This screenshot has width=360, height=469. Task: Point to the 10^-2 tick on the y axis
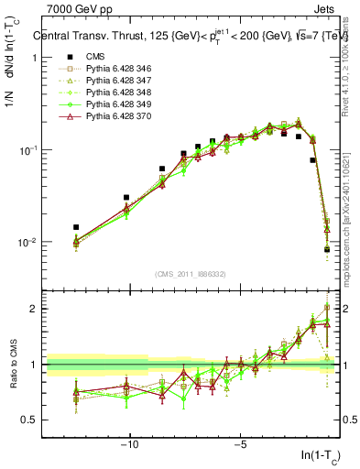pyautogui.click(x=30, y=243)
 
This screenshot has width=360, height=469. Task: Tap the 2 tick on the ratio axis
pyautogui.click(x=38, y=309)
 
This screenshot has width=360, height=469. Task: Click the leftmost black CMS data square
pyautogui.click(x=76, y=227)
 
